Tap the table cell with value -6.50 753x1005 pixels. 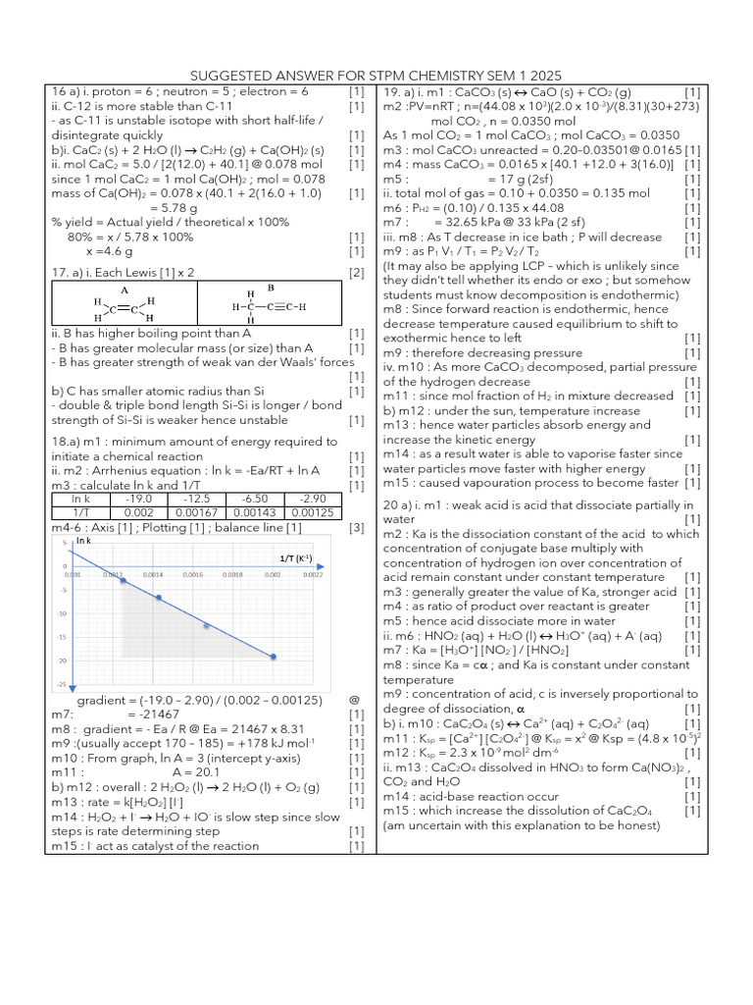[263, 499]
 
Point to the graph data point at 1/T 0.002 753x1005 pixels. [273, 657]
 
